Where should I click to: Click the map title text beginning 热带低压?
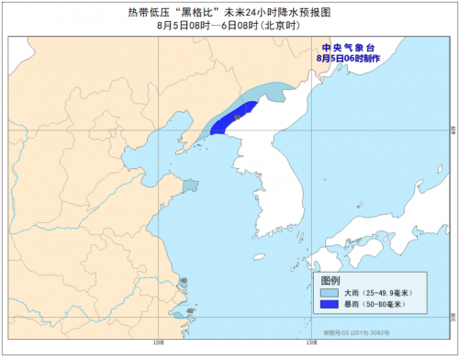pos(229,12)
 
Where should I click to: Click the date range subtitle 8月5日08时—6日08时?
pos(229,26)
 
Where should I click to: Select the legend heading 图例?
pos(331,279)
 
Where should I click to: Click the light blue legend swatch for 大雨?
pos(330,294)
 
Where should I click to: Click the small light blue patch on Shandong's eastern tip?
pos(189,186)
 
